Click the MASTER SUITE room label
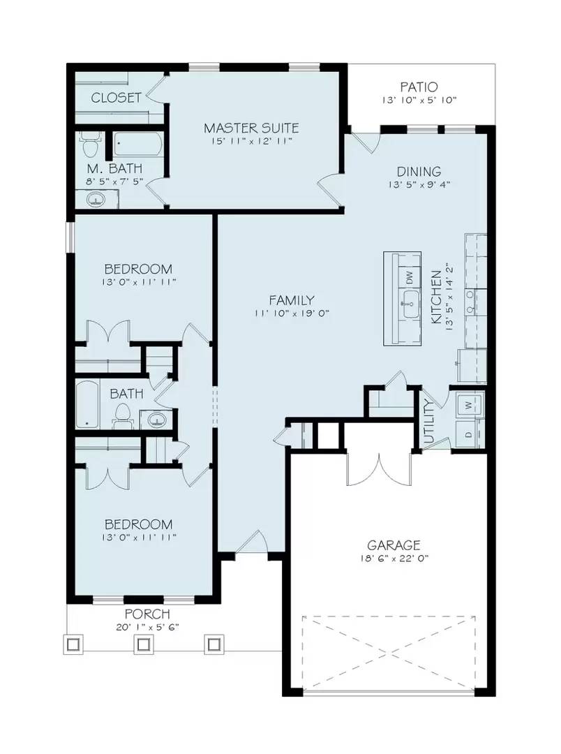pyautogui.click(x=251, y=128)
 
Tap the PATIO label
pyautogui.click(x=419, y=87)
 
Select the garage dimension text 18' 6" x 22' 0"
pyautogui.click(x=394, y=559)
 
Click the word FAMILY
pyautogui.click(x=292, y=300)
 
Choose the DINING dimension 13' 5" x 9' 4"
pyautogui.click(x=419, y=185)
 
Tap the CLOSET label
pyautogui.click(x=116, y=98)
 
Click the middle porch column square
pyautogui.click(x=144, y=644)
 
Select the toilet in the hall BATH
pyautogui.click(x=122, y=415)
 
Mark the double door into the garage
pyautogui.click(x=377, y=469)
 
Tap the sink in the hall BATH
pyautogui.click(x=157, y=420)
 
